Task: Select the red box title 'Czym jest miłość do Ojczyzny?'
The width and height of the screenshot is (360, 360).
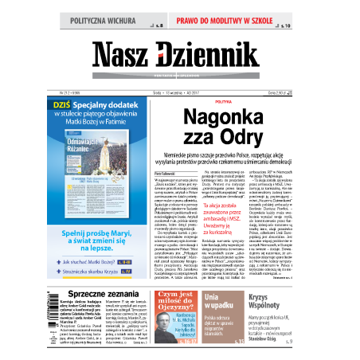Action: click(x=174, y=303)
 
